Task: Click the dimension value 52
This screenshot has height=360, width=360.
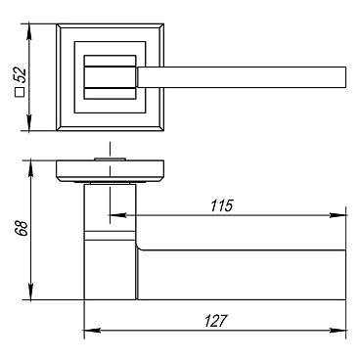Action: [20, 75]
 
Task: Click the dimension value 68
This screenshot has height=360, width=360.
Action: [21, 229]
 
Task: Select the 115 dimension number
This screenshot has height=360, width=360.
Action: [222, 205]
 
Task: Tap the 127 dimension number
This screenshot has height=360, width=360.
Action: [215, 321]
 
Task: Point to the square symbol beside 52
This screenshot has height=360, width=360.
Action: [20, 93]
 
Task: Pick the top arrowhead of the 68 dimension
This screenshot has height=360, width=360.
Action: [30, 167]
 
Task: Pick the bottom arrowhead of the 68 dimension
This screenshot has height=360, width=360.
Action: [30, 292]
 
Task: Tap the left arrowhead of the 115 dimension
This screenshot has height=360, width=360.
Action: [117, 215]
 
